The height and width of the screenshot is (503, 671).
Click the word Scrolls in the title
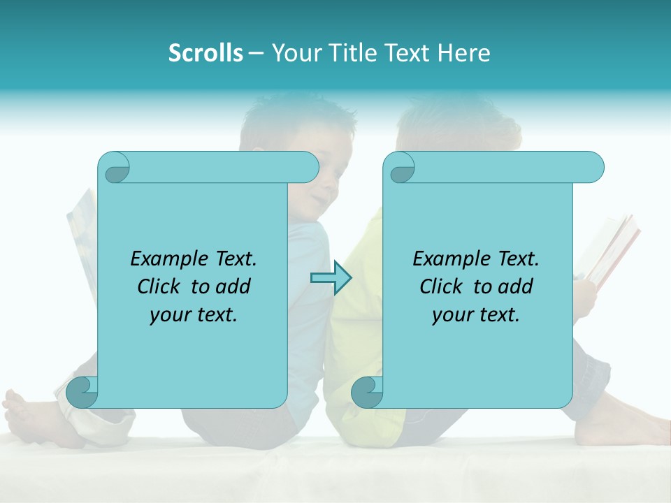tap(205, 53)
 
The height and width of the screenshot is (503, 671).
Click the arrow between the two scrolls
tap(331, 277)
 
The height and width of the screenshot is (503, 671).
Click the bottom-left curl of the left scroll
tap(81, 391)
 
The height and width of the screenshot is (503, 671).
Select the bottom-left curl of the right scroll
tap(366, 391)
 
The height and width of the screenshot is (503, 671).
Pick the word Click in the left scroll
tap(152, 287)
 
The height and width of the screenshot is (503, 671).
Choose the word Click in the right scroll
tap(435, 287)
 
